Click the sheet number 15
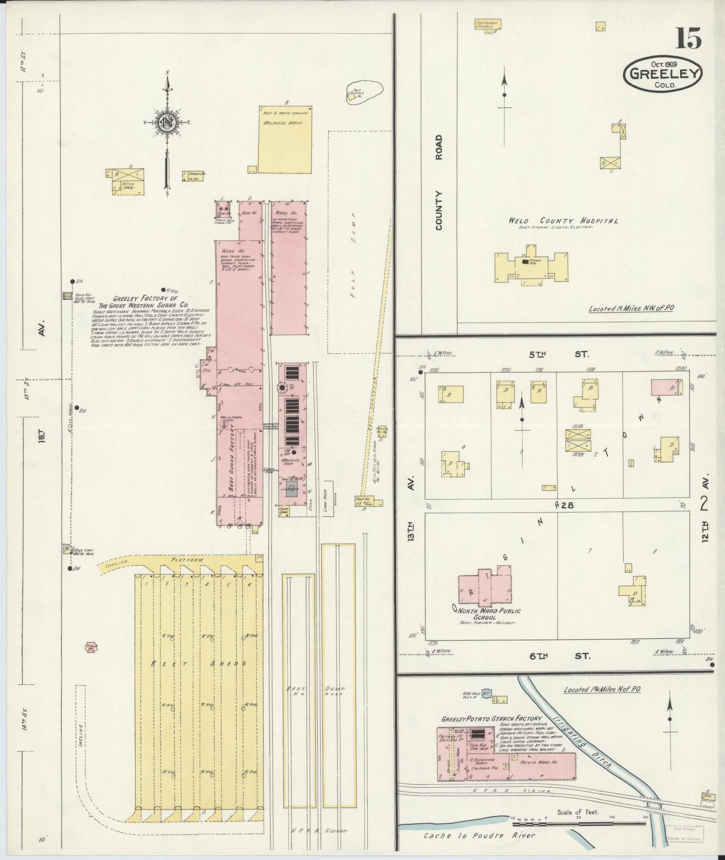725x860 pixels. point(687,38)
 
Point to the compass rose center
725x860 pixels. point(167,122)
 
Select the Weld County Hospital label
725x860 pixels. point(563,221)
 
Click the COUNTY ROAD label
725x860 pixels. point(439,183)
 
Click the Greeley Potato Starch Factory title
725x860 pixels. point(492,718)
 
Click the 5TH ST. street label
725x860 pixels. point(558,355)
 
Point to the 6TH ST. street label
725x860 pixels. point(558,656)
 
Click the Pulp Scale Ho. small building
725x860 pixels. point(351,95)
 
